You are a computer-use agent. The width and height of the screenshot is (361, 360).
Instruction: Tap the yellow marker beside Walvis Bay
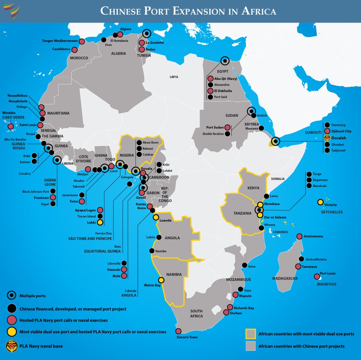(161, 280)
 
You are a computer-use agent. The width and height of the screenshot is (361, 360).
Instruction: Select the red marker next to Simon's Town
(178, 331)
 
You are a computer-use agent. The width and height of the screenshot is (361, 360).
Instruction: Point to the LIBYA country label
(174, 77)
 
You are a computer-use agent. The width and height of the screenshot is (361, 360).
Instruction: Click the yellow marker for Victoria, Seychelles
(320, 202)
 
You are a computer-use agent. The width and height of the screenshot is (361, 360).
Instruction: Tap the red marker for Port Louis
(317, 276)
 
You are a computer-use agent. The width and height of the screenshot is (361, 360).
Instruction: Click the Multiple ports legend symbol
(12, 295)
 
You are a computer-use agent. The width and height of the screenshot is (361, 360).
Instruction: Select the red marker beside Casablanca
(75, 49)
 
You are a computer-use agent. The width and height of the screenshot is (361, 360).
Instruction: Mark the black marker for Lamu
(267, 196)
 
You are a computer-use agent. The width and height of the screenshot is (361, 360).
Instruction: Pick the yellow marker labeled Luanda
(156, 217)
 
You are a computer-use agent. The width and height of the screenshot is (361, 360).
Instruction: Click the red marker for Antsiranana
(299, 236)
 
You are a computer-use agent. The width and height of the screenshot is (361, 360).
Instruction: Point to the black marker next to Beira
(244, 265)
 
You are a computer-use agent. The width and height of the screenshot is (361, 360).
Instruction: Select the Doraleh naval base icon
(327, 138)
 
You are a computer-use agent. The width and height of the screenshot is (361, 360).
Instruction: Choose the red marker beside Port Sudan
(228, 127)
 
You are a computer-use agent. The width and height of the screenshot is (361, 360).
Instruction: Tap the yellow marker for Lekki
(100, 222)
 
